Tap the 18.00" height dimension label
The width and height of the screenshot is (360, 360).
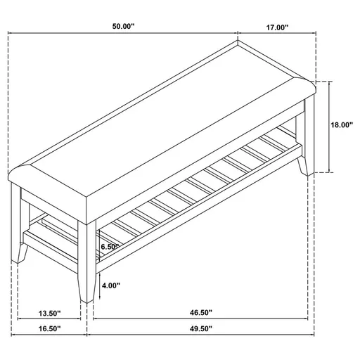(341, 125)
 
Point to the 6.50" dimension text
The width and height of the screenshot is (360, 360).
(111, 247)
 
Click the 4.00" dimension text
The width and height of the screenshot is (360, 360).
(110, 286)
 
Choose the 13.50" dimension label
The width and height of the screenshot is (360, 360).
(49, 313)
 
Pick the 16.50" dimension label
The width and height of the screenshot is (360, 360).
(49, 328)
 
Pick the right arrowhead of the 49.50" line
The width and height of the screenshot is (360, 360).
(308, 335)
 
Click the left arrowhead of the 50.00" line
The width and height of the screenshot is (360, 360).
(11, 34)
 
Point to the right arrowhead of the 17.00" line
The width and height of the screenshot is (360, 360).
(314, 34)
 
